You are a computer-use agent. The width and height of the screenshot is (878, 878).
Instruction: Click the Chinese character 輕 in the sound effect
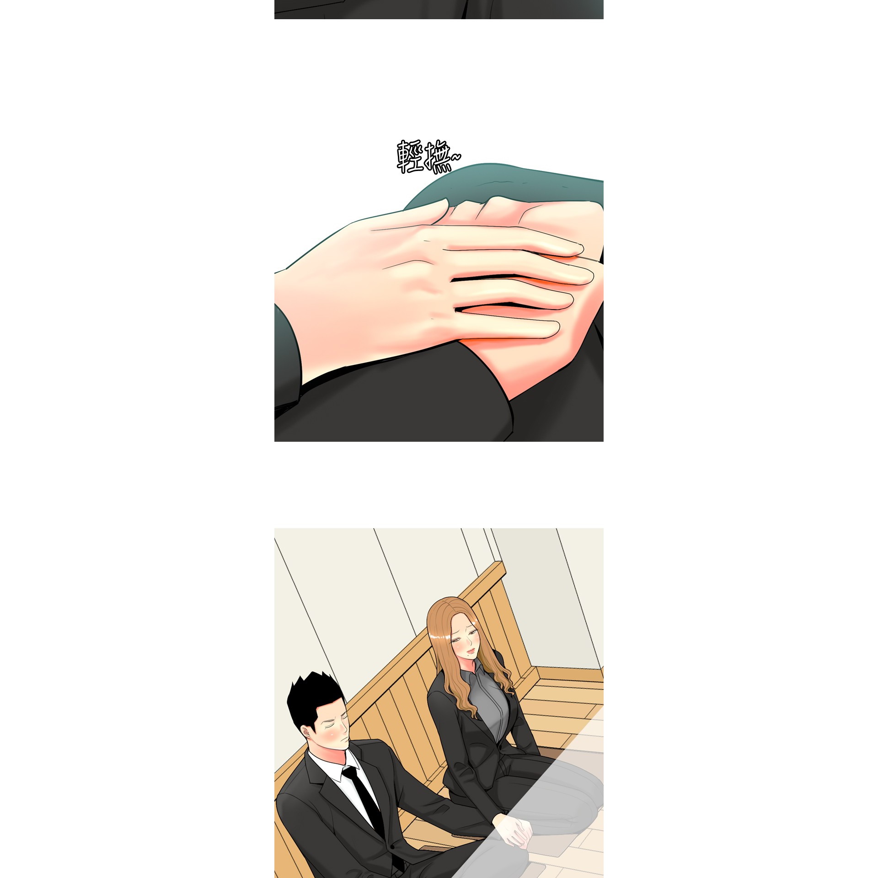click(409, 157)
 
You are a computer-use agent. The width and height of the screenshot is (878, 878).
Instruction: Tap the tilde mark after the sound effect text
click(456, 158)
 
